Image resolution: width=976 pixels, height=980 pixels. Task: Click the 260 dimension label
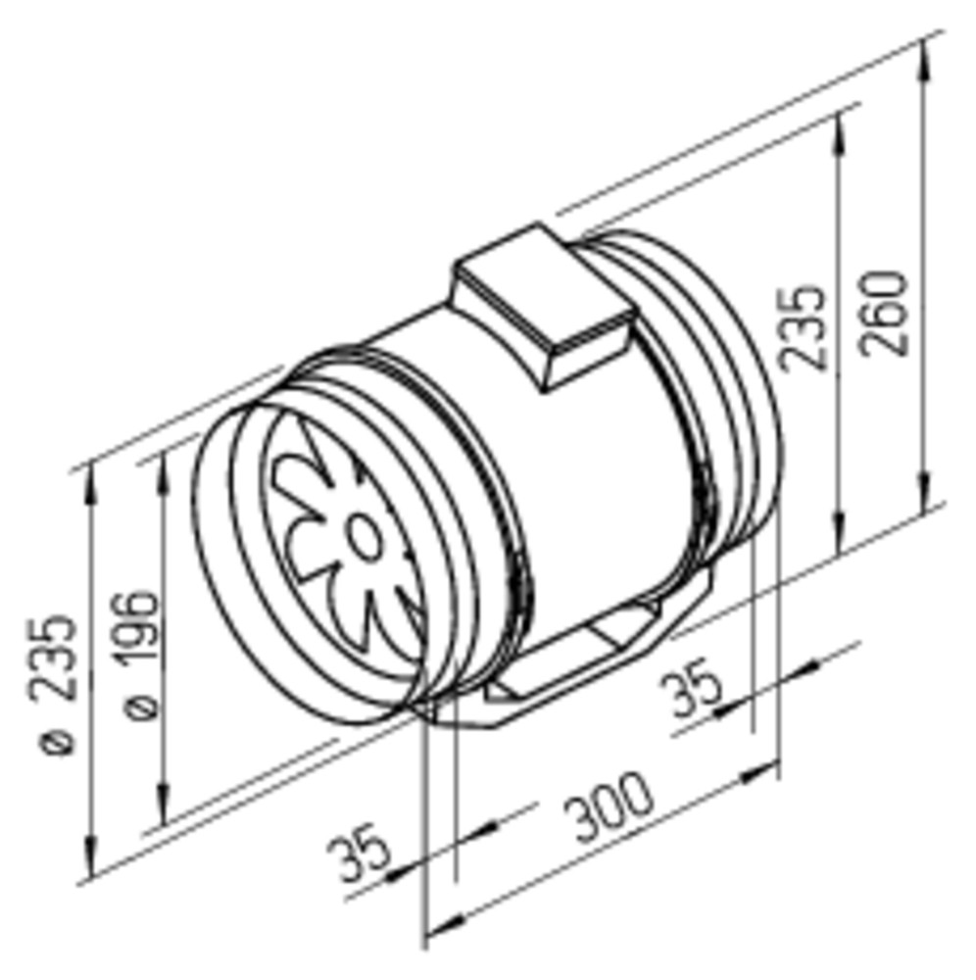(x=884, y=314)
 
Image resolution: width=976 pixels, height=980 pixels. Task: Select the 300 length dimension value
(x=608, y=807)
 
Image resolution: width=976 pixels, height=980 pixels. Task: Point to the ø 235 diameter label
(x=53, y=685)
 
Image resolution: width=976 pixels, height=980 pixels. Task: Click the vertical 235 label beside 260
(x=803, y=328)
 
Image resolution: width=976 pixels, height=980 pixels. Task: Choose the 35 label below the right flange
(x=691, y=688)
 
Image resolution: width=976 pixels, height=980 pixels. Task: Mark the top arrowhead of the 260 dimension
(x=924, y=60)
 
